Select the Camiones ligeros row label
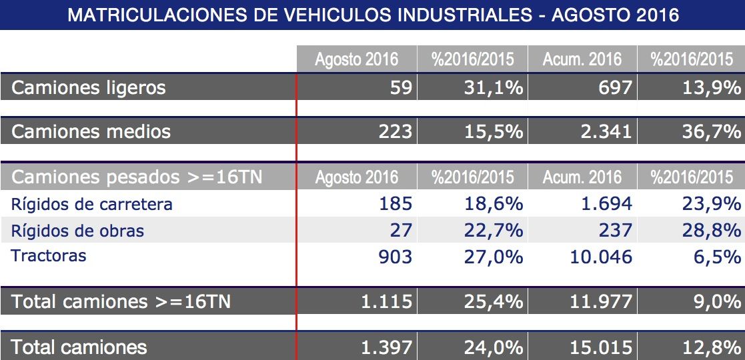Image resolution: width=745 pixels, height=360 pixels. (x=89, y=87)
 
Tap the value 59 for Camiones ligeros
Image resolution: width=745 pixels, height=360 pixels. (x=402, y=87)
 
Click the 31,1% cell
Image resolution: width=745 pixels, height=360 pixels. (x=493, y=87)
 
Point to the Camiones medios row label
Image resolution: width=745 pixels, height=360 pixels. (x=91, y=132)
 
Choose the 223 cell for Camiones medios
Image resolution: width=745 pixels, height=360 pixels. (x=395, y=132)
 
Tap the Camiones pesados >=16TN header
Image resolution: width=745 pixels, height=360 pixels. (x=137, y=177)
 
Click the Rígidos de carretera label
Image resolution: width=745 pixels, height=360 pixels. (x=92, y=204)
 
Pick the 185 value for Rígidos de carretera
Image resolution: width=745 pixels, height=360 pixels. (x=395, y=204)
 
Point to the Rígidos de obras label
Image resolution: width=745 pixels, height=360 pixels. (x=77, y=231)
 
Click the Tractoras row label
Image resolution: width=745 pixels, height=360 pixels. (x=49, y=255)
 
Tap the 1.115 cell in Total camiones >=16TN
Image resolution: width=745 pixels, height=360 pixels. (x=386, y=302)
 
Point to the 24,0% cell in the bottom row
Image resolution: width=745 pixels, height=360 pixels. (x=493, y=347)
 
